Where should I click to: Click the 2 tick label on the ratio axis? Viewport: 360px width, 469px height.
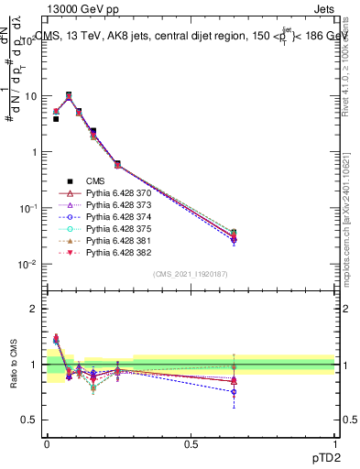pos(38,309)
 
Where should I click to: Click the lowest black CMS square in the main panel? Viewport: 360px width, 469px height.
pos(56,119)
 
